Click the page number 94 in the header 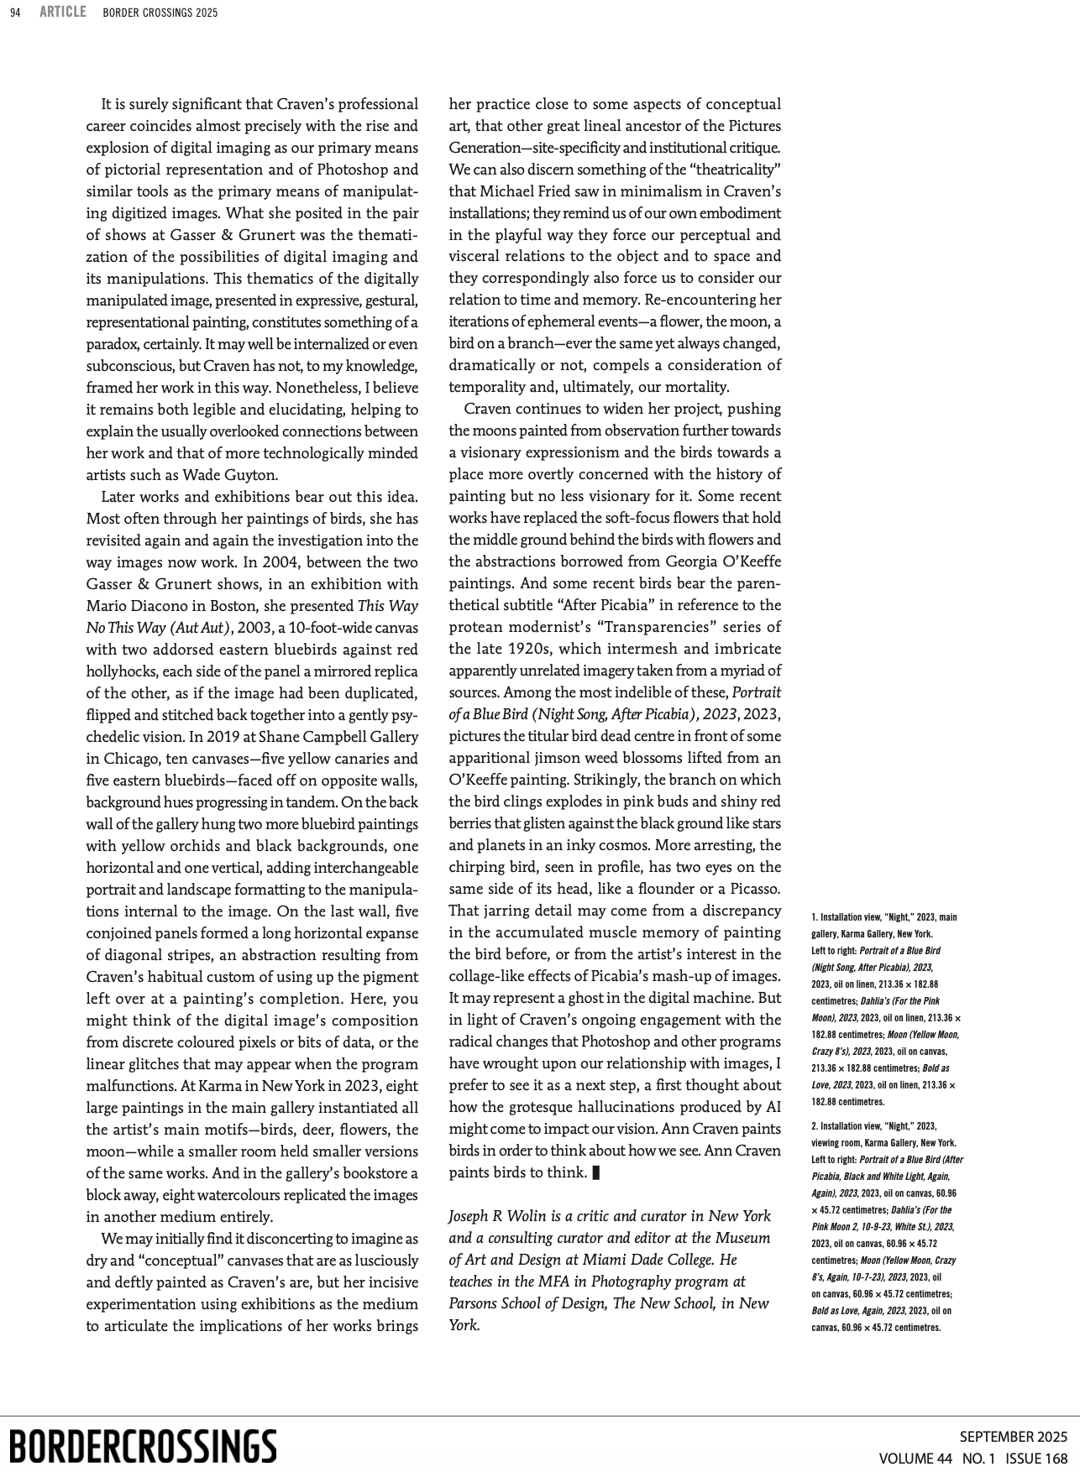(x=15, y=13)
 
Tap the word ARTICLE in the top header (x=63, y=12)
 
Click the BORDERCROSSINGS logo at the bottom (x=143, y=1446)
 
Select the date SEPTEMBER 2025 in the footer (x=1013, y=1437)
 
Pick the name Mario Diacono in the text (x=128, y=606)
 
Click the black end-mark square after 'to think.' (x=596, y=1173)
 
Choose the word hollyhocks (x=124, y=671)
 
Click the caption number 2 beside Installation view (x=814, y=1126)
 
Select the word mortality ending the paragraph (x=698, y=387)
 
